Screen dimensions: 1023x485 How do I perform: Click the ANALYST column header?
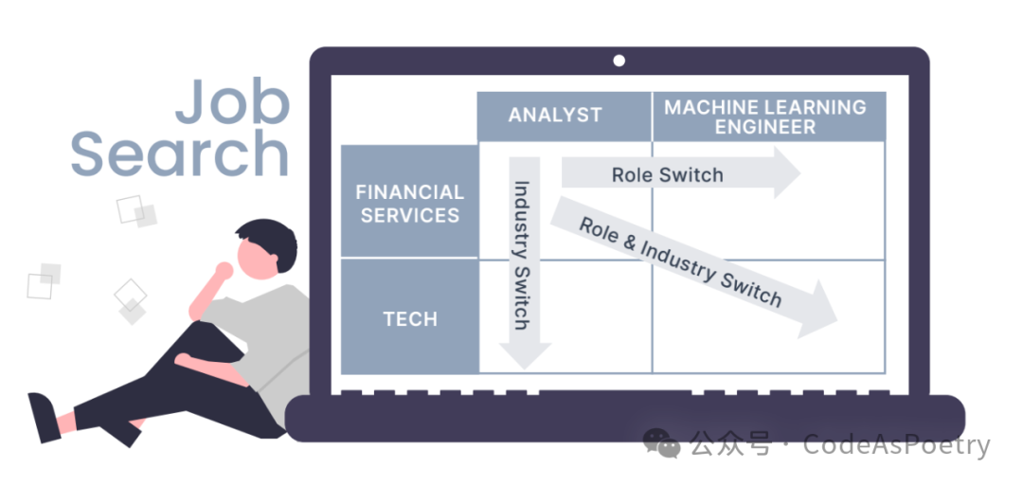click(555, 116)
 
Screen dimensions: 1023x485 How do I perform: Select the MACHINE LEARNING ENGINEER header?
click(765, 116)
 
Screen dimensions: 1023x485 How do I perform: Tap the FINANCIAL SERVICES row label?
click(410, 203)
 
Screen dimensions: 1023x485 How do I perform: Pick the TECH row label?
click(410, 318)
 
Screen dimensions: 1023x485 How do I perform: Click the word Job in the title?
click(233, 101)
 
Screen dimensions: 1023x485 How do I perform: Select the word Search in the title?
click(179, 153)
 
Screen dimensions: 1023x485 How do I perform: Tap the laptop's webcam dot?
click(619, 61)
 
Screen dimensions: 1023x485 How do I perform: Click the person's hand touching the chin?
click(224, 272)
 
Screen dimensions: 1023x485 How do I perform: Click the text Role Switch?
click(667, 174)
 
